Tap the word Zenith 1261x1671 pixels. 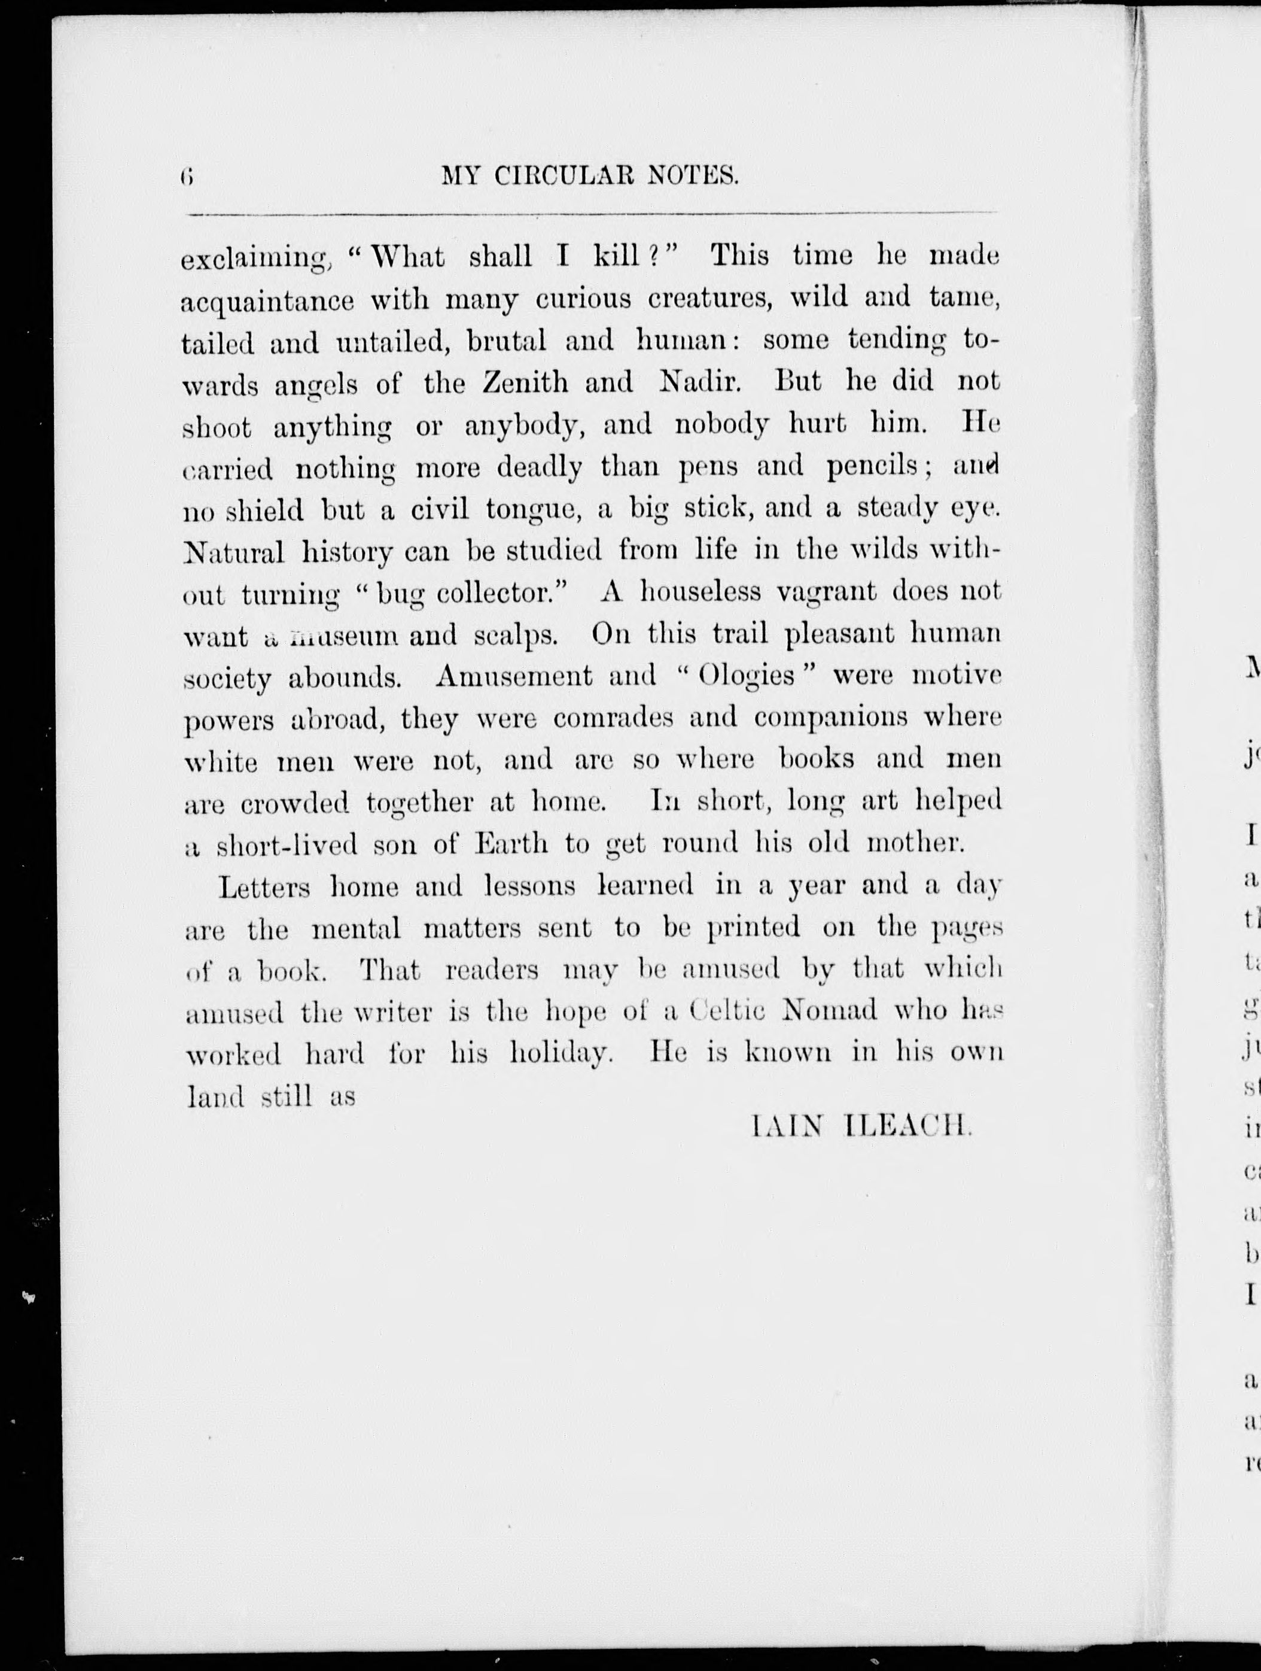click(526, 382)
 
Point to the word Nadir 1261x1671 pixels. click(699, 382)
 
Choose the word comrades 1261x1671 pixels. click(613, 718)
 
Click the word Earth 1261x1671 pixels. click(511, 843)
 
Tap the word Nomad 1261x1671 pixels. click(831, 1011)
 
